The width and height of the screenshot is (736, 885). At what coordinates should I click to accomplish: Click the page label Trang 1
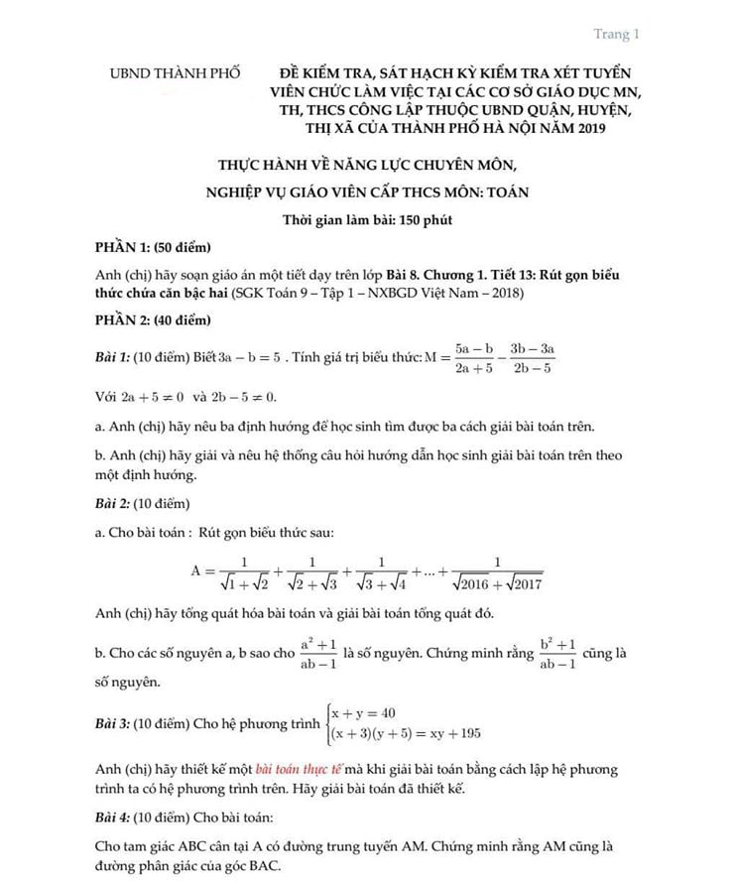coord(616,35)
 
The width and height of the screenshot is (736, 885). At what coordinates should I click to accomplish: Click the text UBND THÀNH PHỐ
coord(175,74)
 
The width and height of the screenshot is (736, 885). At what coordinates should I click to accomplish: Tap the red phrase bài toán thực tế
coord(299,769)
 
